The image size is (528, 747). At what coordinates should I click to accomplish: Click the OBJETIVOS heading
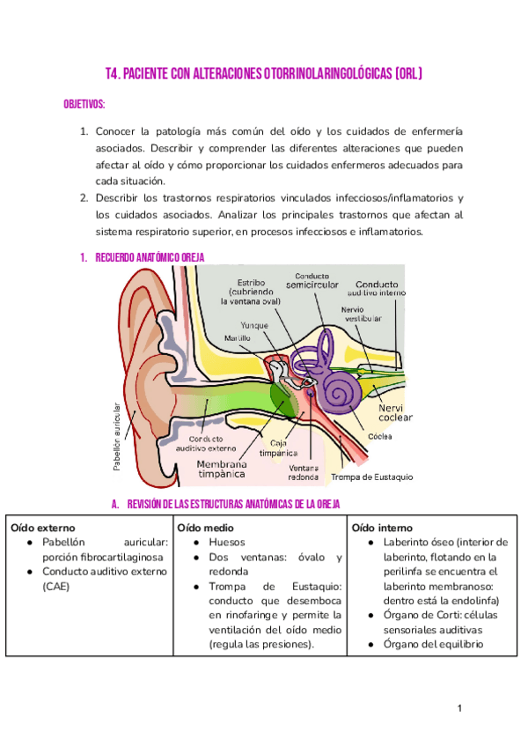84,104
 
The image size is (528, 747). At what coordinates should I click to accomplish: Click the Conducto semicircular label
312,280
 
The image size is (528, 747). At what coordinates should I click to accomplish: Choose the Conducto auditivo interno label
377,288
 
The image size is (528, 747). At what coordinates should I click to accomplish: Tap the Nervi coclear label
395,412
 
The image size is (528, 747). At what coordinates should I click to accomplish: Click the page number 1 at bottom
459,708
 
